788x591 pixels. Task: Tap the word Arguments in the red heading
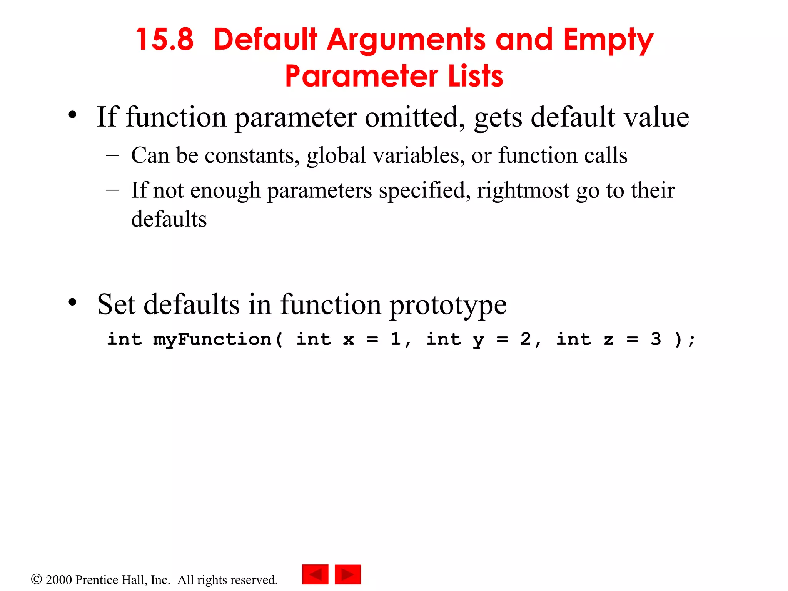pyautogui.click(x=406, y=40)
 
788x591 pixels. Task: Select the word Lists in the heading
pyautogui.click(x=476, y=76)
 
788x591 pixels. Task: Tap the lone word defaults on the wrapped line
pyautogui.click(x=169, y=219)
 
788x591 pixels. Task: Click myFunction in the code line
pyautogui.click(x=212, y=339)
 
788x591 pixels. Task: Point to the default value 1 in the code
pyautogui.click(x=396, y=339)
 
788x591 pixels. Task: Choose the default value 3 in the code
pyautogui.click(x=656, y=339)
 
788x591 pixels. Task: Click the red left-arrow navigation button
pyautogui.click(x=315, y=574)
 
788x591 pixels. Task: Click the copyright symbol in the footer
pyautogui.click(x=36, y=579)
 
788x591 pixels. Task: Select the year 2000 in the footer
pyautogui.click(x=59, y=580)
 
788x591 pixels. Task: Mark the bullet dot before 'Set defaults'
pyautogui.click(x=72, y=302)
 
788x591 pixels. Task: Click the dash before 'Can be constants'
pyautogui.click(x=112, y=155)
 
